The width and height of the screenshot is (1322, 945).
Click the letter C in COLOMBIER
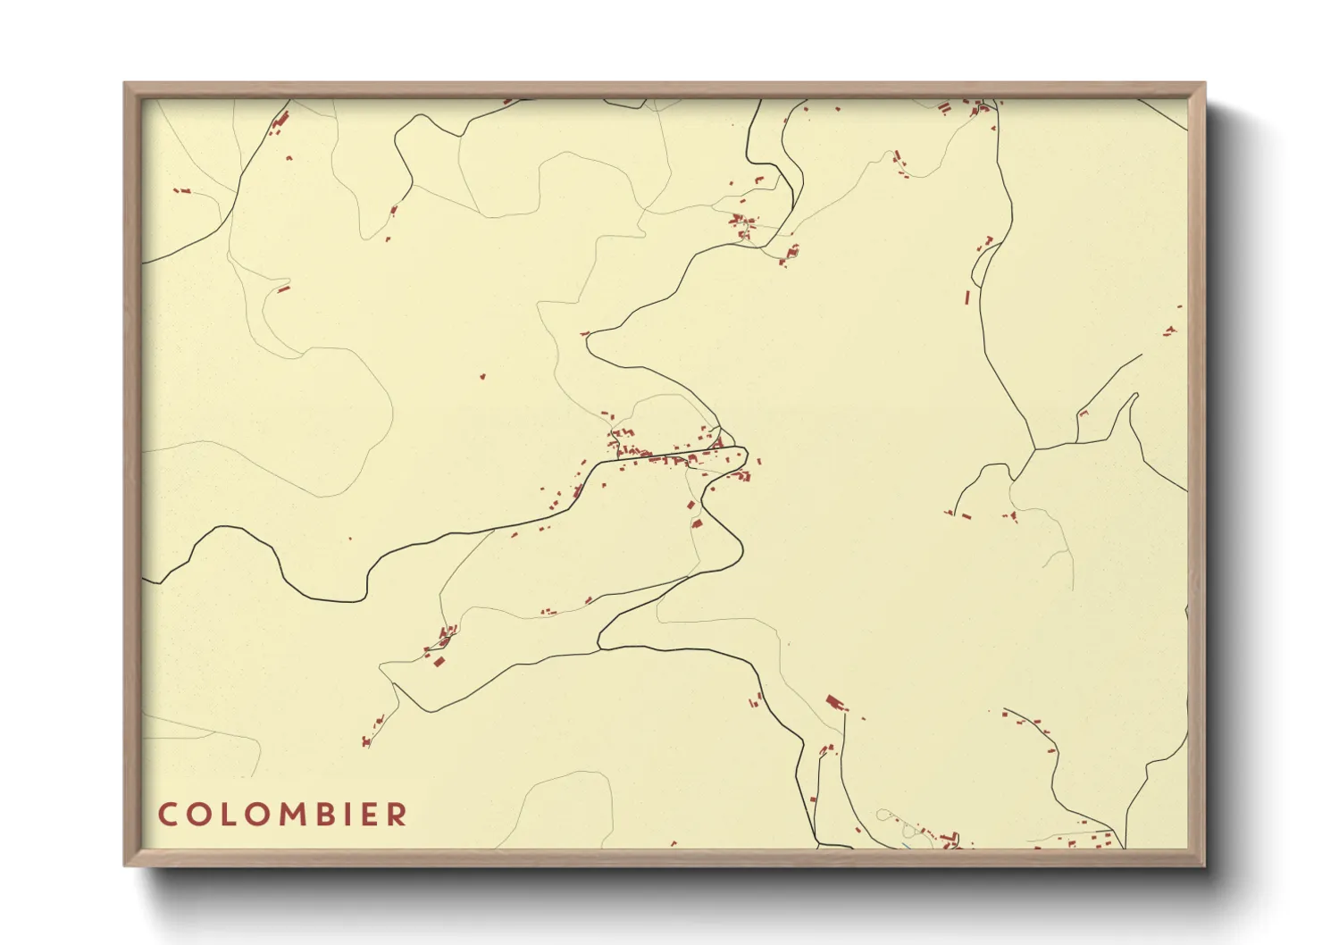click(167, 815)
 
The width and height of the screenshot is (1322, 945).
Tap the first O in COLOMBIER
click(198, 815)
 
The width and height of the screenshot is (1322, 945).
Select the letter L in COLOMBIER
click(227, 815)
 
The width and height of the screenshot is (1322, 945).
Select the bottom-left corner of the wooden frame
click(126, 864)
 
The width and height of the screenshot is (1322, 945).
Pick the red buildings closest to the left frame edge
click(182, 190)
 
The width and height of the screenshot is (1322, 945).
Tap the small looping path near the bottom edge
click(883, 815)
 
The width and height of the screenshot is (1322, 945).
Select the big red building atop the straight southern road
click(835, 703)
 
